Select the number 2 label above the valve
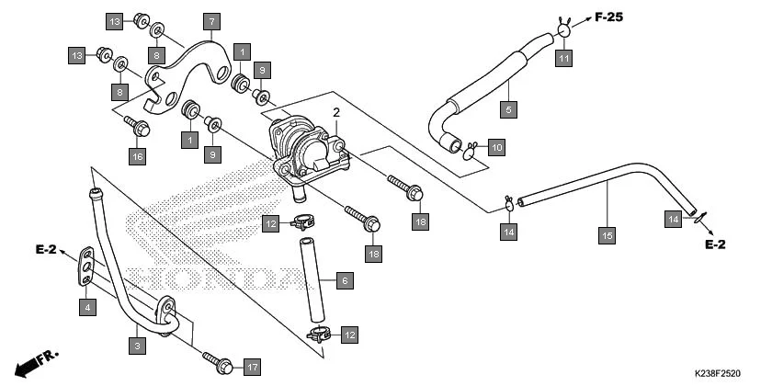click(x=336, y=112)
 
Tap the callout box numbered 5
click(x=509, y=109)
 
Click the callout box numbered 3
click(x=136, y=346)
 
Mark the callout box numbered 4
click(x=86, y=306)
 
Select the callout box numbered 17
click(x=252, y=367)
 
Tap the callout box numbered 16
click(x=137, y=157)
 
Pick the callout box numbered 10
click(x=495, y=147)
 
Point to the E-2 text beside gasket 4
click(x=47, y=249)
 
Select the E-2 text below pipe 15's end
click(x=716, y=244)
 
